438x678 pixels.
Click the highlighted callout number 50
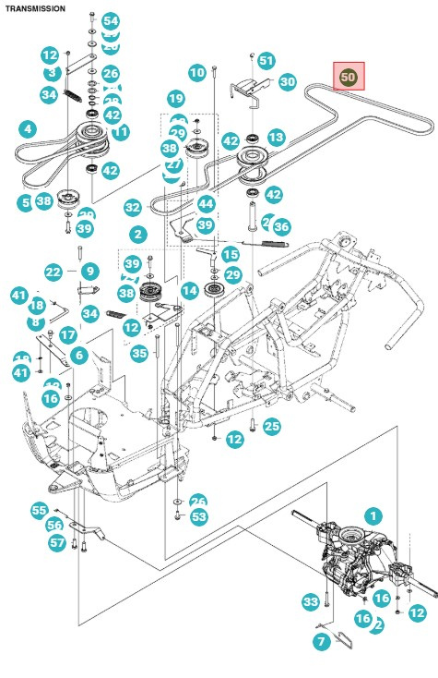349,79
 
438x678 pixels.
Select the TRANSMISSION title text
34,8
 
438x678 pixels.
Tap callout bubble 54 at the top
110,20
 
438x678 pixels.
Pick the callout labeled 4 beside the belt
28,128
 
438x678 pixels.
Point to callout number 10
196,72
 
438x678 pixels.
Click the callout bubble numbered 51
266,61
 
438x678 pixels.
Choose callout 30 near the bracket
287,81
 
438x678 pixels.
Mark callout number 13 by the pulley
276,137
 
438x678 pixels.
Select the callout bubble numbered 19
175,98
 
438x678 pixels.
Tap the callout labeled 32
133,208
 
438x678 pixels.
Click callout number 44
206,202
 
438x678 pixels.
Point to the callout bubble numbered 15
230,254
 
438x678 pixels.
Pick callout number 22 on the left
53,272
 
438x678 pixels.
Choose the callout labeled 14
189,291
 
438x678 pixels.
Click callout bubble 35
139,352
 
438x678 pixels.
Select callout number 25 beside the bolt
270,426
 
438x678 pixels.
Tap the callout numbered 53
199,516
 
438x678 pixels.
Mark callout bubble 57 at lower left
57,542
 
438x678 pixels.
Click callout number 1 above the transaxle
373,515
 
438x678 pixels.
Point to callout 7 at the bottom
322,640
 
